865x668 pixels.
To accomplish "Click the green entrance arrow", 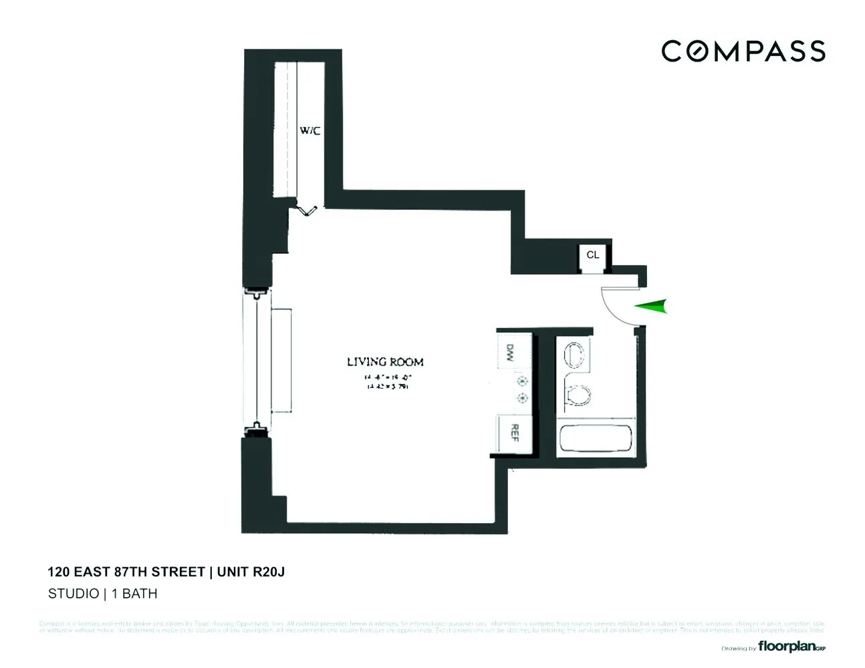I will pyautogui.click(x=652, y=307).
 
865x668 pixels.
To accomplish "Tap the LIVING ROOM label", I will pyautogui.click(x=385, y=362).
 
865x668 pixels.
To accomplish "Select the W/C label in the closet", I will pyautogui.click(x=310, y=131).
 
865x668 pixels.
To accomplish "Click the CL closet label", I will pyautogui.click(x=592, y=255).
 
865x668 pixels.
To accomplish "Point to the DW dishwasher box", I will pyautogui.click(x=511, y=351).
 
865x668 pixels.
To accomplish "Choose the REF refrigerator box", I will pyautogui.click(x=513, y=433).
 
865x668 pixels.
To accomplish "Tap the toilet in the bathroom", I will pyautogui.click(x=577, y=395).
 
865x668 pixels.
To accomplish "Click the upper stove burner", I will pyautogui.click(x=522, y=382).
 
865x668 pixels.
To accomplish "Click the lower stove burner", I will pyautogui.click(x=522, y=399).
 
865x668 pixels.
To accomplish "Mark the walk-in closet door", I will pyautogui.click(x=307, y=210).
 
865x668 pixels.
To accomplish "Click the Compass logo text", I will pyautogui.click(x=743, y=51).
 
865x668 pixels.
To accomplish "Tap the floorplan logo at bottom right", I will pyautogui.click(x=791, y=646).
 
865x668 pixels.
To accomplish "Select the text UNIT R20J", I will pyautogui.click(x=251, y=572).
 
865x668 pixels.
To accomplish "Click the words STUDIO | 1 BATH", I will pyautogui.click(x=102, y=593).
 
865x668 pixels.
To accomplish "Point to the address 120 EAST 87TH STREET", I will pyautogui.click(x=126, y=572).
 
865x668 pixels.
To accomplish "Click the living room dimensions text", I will pyautogui.click(x=386, y=382).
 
